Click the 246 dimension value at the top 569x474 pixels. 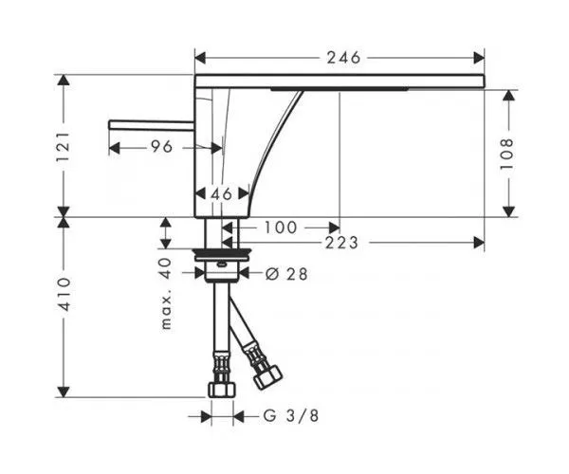pyautogui.click(x=343, y=57)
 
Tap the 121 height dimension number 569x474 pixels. pyautogui.click(x=63, y=147)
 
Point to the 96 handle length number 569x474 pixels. pyautogui.click(x=161, y=147)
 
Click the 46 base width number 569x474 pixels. pyautogui.click(x=221, y=194)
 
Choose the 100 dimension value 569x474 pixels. pyautogui.click(x=281, y=228)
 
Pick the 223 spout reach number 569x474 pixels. pyautogui.click(x=341, y=243)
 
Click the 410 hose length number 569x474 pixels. pyautogui.click(x=64, y=294)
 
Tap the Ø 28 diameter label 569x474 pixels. pyautogui.click(x=286, y=274)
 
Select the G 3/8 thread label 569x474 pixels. pyautogui.click(x=291, y=415)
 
